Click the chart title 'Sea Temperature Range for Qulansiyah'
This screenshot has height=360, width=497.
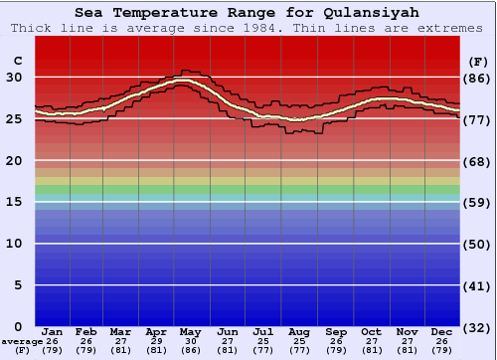point(246,13)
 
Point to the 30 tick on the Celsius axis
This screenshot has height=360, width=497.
point(14,78)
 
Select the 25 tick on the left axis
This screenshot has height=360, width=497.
point(14,119)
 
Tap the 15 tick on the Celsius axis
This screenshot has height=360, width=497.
point(14,202)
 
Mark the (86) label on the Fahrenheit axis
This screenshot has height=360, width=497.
point(477,78)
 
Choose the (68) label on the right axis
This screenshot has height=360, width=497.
point(477,161)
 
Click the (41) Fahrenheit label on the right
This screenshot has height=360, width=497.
point(477,285)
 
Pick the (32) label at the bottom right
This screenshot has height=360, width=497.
point(477,327)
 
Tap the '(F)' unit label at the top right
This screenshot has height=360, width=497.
point(477,61)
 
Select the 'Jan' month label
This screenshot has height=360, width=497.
point(53,331)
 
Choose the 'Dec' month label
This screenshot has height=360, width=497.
point(442,331)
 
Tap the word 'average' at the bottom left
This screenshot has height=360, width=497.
point(22,341)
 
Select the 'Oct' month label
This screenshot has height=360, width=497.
point(372,331)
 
